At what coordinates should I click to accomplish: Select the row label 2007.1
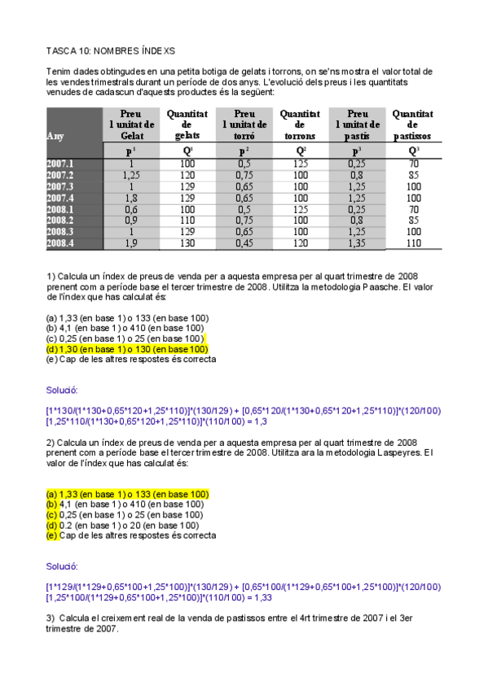point(60,164)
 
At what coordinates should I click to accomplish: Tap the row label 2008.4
point(60,243)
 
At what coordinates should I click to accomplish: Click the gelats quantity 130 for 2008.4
point(187,243)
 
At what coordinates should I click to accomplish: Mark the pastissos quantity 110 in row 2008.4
point(414,243)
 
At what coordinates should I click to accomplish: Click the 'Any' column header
point(56,136)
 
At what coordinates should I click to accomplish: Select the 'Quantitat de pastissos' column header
point(414,124)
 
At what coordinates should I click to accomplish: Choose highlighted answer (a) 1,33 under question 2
point(128,493)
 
